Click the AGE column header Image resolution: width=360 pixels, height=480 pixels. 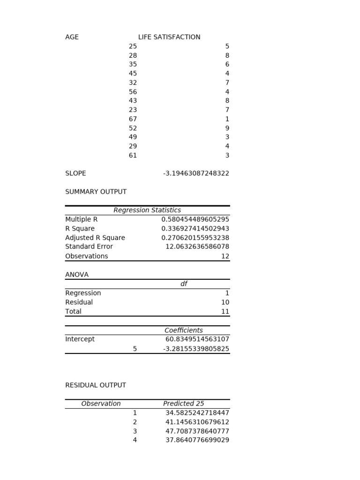pos(72,37)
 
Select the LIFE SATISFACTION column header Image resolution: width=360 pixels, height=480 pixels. pos(169,37)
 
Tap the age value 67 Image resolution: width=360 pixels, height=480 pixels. pos(133,119)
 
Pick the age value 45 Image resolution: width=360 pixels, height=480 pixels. pos(133,74)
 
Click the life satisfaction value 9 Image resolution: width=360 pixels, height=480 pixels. pos(227,128)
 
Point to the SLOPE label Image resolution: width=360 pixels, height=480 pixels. pos(75,173)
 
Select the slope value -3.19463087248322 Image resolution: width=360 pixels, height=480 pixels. pos(196,173)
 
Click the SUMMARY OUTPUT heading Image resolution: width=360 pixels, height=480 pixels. pos(96,192)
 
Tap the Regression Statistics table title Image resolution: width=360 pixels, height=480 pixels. pos(147,210)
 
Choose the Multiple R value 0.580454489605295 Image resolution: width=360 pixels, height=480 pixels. pos(195,219)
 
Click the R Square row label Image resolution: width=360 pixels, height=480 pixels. pos(80,229)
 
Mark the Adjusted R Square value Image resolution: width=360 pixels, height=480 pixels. pos(195,238)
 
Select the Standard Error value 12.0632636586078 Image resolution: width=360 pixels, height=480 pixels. pos(197,247)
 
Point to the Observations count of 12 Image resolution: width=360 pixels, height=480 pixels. pos(225,256)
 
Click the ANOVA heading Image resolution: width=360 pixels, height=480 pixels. pos(77,275)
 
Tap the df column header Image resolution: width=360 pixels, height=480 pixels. pos(184,284)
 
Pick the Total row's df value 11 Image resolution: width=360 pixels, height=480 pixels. pos(225,312)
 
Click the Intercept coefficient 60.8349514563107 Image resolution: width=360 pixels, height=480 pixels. pos(197,339)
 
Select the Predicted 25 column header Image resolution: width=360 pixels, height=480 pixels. pos(183,404)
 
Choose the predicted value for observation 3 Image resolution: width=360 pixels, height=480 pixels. pos(197,431)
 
